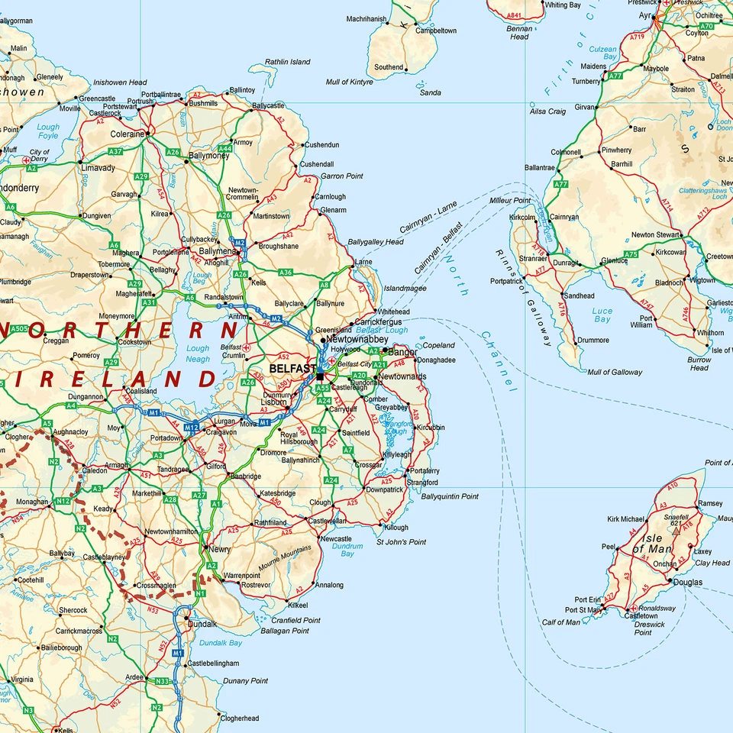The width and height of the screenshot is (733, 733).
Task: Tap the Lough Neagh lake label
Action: (x=198, y=354)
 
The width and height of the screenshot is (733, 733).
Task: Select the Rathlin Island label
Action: (x=288, y=62)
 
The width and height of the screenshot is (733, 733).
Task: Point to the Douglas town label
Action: (x=688, y=582)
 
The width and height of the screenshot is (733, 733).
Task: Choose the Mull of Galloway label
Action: (x=615, y=373)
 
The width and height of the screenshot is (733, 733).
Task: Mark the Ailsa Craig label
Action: (x=547, y=111)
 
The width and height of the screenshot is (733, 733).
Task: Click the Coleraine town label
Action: (x=127, y=134)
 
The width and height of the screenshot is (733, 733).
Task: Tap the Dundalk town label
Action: (x=202, y=623)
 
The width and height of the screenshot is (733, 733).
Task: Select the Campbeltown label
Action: (x=436, y=31)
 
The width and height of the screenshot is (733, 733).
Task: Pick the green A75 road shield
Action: (x=631, y=254)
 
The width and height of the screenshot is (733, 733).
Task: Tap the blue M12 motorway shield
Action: (x=192, y=428)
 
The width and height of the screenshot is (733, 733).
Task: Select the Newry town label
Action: (x=221, y=549)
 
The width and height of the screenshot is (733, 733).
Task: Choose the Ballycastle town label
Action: (x=268, y=106)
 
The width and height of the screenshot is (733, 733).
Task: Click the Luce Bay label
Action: (x=602, y=315)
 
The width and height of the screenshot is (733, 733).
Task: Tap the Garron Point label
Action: (x=341, y=176)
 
